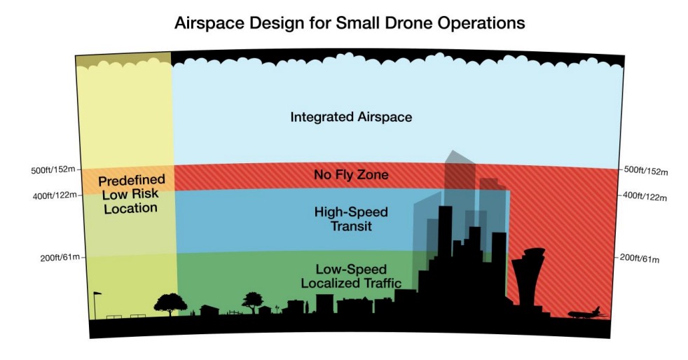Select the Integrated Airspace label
pos(351,117)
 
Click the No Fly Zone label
pos(351,175)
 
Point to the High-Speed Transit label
pos(351,219)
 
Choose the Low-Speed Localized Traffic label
pos(351,276)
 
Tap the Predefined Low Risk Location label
pos(131,194)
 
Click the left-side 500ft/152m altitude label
pos(53,169)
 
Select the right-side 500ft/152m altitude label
pos(645,171)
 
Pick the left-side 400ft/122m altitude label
pos(55,195)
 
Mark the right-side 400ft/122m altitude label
pos(645,197)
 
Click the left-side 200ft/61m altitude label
pos(60,258)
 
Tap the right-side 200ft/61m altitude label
pos(639,258)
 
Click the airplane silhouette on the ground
pos(586,313)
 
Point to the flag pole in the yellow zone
pos(95,305)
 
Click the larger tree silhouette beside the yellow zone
pos(170,303)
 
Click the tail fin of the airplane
pos(596,310)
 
